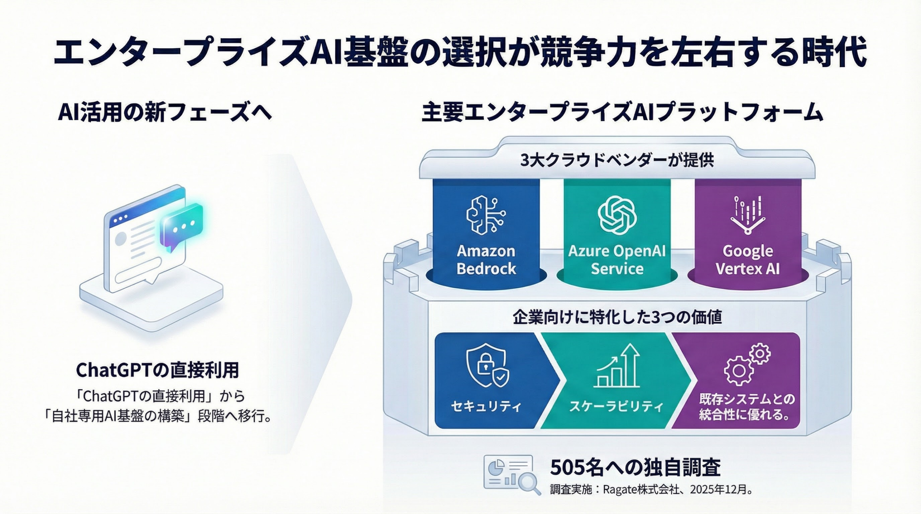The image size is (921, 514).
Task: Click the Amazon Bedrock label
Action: (486, 260)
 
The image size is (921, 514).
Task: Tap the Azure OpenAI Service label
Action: (617, 260)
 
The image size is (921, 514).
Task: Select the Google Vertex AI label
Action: (748, 260)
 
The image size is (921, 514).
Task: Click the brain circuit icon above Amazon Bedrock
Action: (486, 215)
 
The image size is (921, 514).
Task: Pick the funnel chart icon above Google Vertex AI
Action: (748, 215)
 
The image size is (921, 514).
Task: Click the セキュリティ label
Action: (486, 406)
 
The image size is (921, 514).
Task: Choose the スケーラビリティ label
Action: (616, 406)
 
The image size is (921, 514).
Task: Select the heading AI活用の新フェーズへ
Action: (165, 113)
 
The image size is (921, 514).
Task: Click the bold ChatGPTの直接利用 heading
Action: (158, 370)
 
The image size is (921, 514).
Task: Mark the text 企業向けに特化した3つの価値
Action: (617, 317)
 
